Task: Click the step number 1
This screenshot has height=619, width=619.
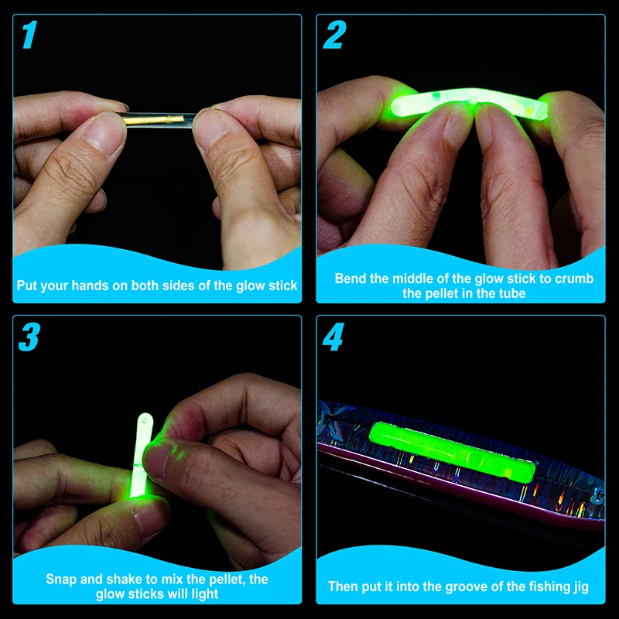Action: click(30, 35)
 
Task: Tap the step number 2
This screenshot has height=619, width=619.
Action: click(335, 35)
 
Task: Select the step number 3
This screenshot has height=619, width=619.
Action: click(29, 337)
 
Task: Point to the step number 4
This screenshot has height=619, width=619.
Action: click(333, 337)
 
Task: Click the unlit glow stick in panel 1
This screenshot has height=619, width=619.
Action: click(158, 119)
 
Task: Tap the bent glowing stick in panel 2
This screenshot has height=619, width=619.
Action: click(466, 102)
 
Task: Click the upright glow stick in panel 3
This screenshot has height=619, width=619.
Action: click(142, 454)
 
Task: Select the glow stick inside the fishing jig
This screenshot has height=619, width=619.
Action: click(453, 452)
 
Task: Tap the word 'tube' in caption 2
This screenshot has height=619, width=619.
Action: click(511, 293)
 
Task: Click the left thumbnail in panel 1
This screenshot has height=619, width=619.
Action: click(103, 133)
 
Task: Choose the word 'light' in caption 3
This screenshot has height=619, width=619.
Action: click(205, 594)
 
